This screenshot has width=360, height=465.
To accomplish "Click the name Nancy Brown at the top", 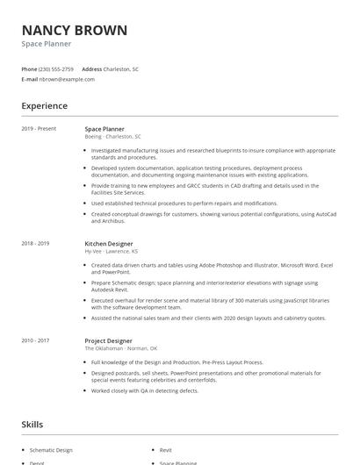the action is [x=74, y=31].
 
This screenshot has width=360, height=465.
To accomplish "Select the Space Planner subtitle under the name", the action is [x=47, y=44].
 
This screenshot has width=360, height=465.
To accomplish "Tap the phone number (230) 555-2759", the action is [x=57, y=68].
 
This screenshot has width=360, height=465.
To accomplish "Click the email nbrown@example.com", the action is [x=67, y=79].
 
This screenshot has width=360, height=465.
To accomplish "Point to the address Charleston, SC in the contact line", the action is [x=122, y=68].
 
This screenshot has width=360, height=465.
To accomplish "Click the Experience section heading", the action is [x=44, y=106].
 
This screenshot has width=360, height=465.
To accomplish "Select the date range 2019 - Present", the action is [x=39, y=129].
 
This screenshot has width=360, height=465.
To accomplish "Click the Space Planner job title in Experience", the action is [x=104, y=129].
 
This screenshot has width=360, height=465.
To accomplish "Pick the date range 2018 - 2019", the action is [x=35, y=243].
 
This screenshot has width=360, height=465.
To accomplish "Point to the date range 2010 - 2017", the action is [x=35, y=340].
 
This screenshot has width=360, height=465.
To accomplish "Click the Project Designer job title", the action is [x=108, y=340].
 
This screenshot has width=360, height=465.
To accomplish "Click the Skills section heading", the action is [x=32, y=425].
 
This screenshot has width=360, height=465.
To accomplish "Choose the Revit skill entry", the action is [x=166, y=448].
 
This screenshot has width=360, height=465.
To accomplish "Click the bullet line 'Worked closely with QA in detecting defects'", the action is [x=149, y=390].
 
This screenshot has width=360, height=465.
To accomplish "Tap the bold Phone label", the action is [x=29, y=68].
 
